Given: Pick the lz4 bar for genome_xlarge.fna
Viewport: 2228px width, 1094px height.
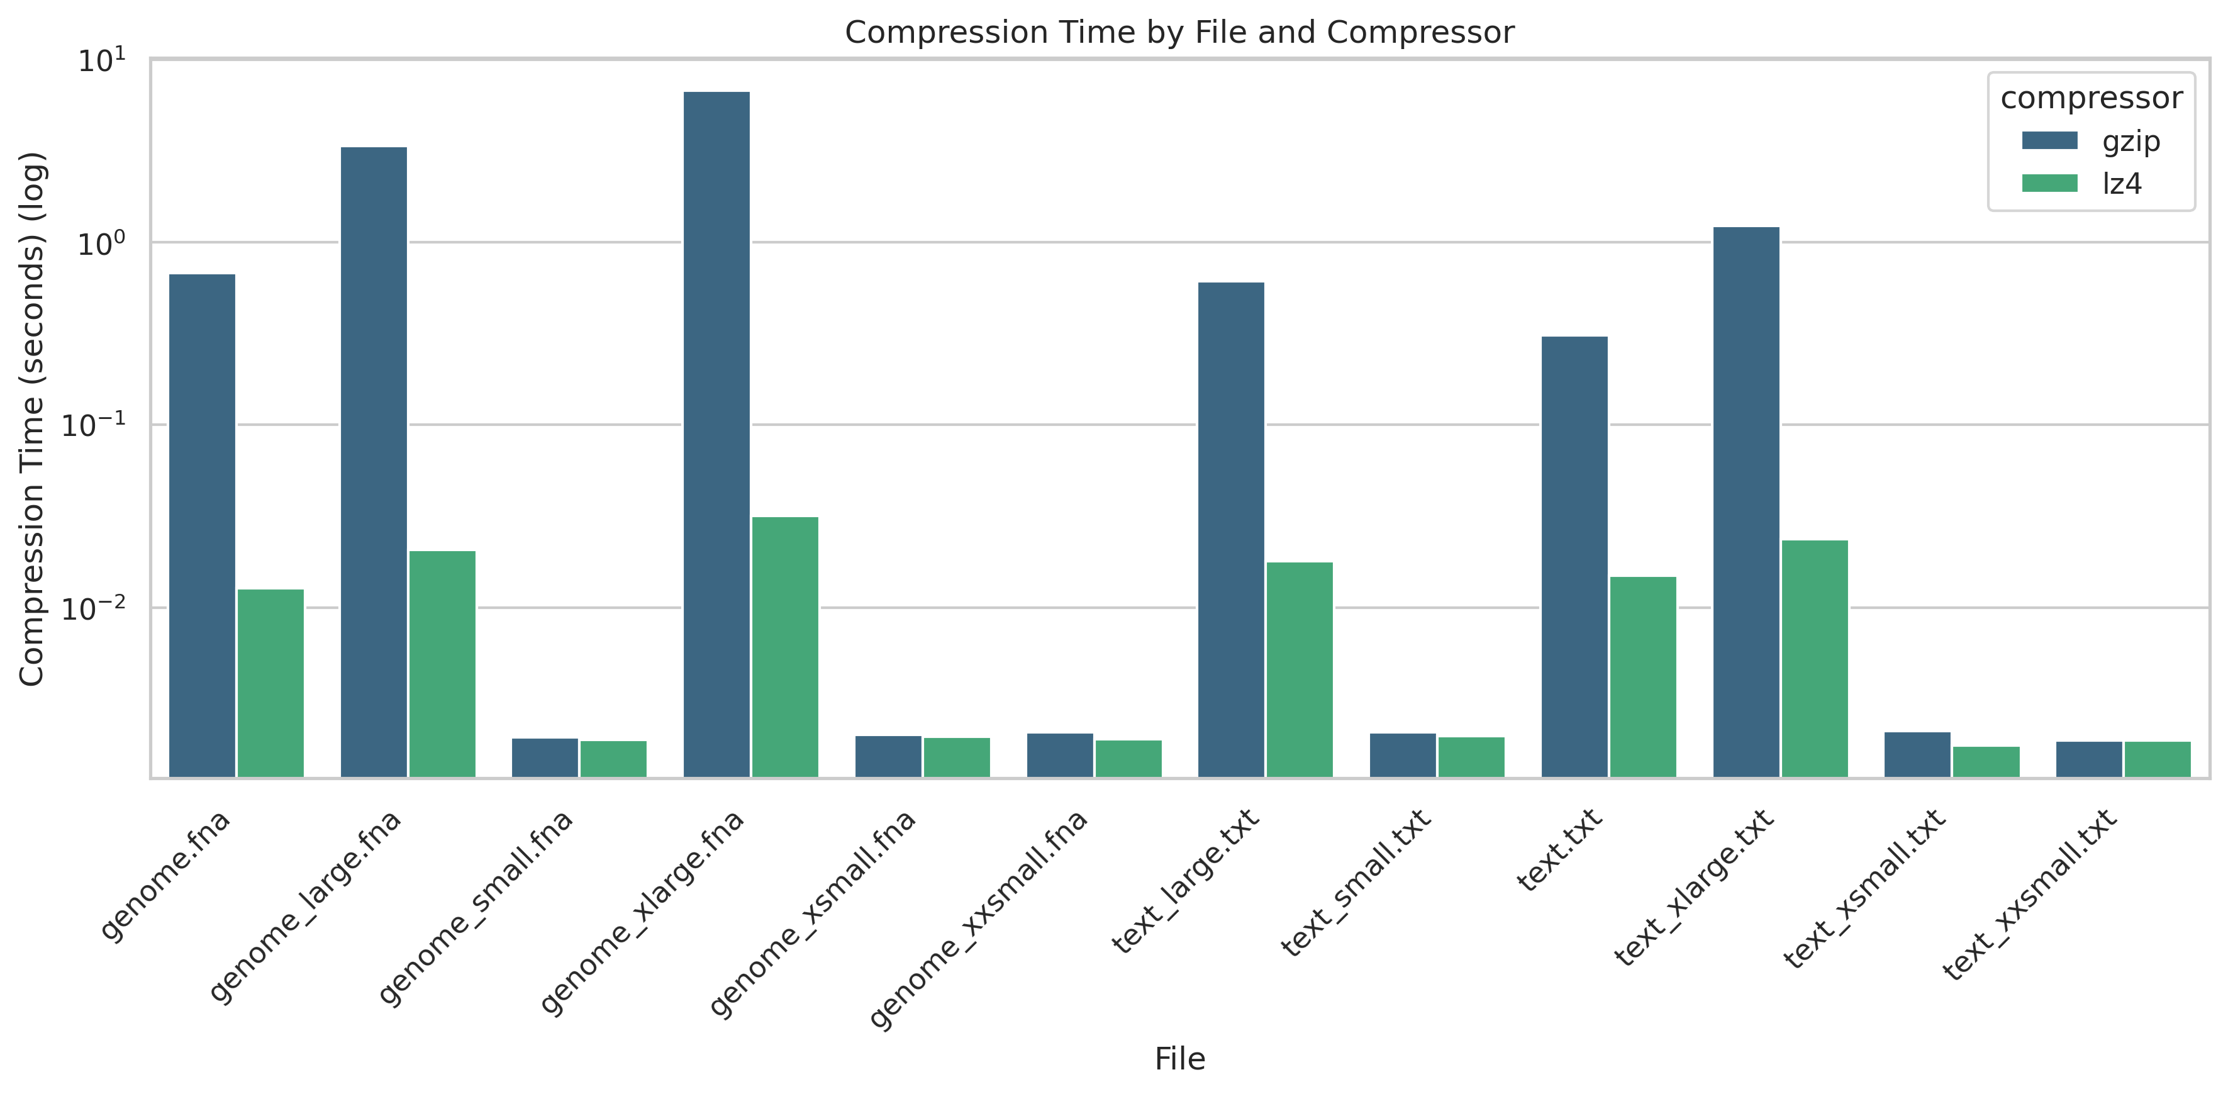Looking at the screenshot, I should click(784, 647).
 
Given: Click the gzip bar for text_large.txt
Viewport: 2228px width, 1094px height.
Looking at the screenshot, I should click(1231, 529).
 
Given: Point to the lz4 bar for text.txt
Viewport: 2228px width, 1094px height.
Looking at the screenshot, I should click(1642, 676).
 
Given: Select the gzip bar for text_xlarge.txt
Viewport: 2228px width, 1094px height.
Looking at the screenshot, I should click(1746, 501).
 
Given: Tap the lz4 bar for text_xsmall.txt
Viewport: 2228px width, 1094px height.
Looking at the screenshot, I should click(1986, 761).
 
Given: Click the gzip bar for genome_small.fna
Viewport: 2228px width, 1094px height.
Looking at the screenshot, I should click(545, 757).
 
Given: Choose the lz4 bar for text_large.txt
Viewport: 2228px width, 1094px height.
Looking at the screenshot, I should click(1299, 669).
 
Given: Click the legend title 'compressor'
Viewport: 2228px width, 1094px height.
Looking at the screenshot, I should click(2092, 98).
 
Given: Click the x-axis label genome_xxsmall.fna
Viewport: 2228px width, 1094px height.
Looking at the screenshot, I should click(978, 921).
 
